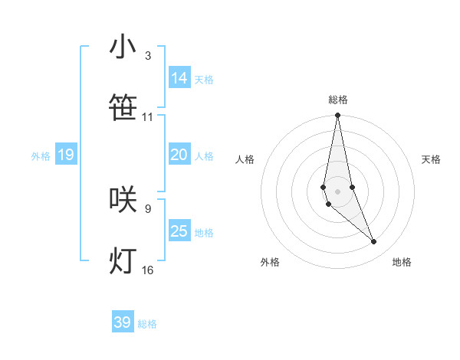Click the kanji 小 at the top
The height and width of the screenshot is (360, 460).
tap(123, 47)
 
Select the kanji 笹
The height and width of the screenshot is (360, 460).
tap(123, 109)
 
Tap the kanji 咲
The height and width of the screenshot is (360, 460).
tap(123, 199)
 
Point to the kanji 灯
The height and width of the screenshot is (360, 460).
tap(123, 260)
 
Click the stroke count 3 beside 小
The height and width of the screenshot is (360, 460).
tap(147, 56)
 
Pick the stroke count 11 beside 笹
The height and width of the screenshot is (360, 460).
tap(147, 117)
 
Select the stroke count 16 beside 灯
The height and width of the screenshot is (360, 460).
tap(147, 270)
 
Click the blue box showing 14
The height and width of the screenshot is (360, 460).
tap(179, 78)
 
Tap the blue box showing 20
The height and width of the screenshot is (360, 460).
tap(179, 155)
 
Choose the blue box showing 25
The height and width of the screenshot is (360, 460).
tap(179, 231)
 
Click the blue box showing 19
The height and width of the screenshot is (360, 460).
tap(66, 155)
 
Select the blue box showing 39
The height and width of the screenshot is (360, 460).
tap(123, 322)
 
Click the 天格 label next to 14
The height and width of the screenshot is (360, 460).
tap(204, 80)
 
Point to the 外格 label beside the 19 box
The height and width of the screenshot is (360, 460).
tap(41, 156)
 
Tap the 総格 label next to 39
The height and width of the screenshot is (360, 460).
tap(147, 324)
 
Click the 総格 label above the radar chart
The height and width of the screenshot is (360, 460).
tap(338, 100)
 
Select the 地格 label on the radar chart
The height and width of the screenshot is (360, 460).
tap(402, 262)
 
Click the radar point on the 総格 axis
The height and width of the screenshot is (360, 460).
tap(337, 116)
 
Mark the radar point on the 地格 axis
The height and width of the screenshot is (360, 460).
tap(374, 242)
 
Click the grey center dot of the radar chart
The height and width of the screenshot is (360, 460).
tap(337, 191)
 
